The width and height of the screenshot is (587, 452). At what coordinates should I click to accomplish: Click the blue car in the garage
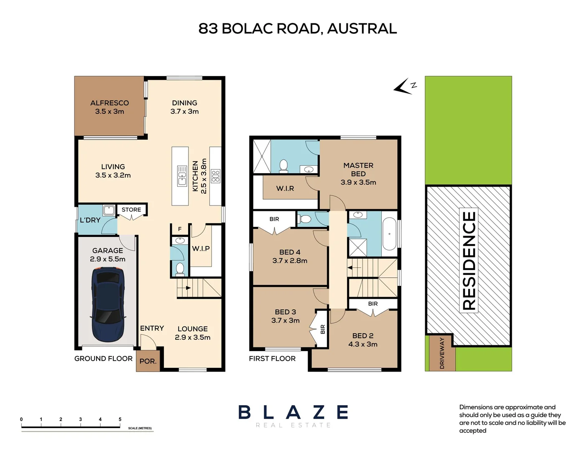pyautogui.click(x=108, y=305)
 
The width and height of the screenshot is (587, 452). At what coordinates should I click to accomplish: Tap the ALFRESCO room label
pyautogui.click(x=110, y=103)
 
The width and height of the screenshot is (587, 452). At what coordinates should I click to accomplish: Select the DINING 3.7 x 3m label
pyautogui.click(x=184, y=107)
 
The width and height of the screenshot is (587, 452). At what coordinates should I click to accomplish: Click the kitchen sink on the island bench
pyautogui.click(x=182, y=176)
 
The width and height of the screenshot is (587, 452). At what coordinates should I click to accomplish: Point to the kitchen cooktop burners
pyautogui.click(x=215, y=176)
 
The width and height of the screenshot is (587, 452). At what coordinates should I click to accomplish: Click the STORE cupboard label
pyautogui.click(x=131, y=210)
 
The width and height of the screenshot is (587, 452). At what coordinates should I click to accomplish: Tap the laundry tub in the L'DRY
pyautogui.click(x=109, y=210)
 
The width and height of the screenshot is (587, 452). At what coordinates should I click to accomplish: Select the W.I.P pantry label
pyautogui.click(x=201, y=249)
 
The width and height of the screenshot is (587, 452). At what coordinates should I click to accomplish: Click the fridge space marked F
pyautogui.click(x=180, y=229)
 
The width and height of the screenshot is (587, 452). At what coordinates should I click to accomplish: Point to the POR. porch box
pyautogui.click(x=148, y=361)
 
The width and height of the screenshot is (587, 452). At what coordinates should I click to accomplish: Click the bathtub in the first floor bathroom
pyautogui.click(x=389, y=234)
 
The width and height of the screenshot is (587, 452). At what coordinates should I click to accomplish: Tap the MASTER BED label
pyautogui.click(x=358, y=169)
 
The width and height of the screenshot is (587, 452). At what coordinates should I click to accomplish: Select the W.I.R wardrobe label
pyautogui.click(x=285, y=189)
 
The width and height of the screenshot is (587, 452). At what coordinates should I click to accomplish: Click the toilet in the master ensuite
pyautogui.click(x=283, y=166)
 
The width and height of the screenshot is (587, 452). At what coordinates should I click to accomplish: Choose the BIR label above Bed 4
pyautogui.click(x=274, y=219)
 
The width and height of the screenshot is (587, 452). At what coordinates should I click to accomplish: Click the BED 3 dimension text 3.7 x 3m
pyautogui.click(x=286, y=321)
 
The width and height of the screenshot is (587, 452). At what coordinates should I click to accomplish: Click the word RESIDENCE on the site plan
pyautogui.click(x=469, y=261)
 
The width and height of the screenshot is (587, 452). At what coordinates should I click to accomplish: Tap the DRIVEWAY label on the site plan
pyautogui.click(x=442, y=353)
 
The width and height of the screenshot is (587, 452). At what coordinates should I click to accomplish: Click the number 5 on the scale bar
pyautogui.click(x=120, y=419)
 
